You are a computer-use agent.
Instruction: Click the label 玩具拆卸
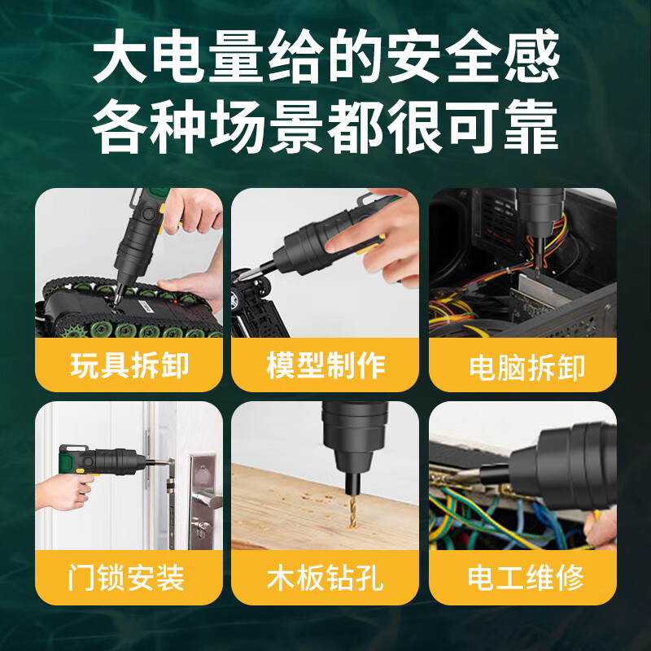[129, 365]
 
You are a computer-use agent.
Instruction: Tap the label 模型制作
[325, 365]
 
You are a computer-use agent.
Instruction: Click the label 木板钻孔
[325, 579]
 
